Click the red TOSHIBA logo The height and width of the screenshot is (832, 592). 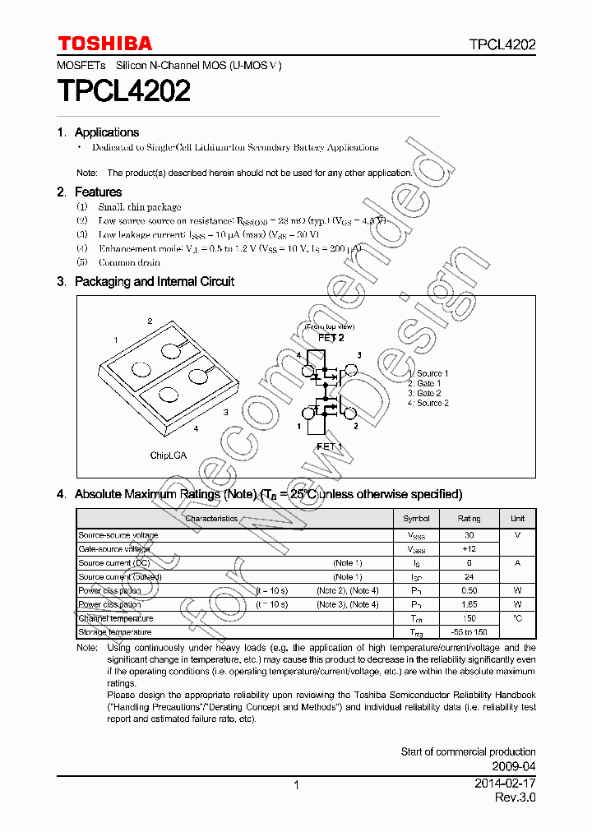[x=104, y=44]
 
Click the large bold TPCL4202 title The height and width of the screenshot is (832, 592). [x=123, y=90]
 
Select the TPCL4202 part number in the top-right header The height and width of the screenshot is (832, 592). [x=502, y=45]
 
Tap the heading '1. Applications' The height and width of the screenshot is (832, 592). [x=98, y=132]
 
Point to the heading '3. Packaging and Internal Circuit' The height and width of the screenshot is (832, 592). [x=146, y=281]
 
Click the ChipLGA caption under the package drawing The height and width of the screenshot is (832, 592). [x=167, y=455]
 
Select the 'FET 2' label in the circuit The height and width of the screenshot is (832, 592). [x=331, y=337]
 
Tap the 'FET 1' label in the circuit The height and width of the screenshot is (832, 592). [x=330, y=446]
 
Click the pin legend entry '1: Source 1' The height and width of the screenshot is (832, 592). [x=428, y=373]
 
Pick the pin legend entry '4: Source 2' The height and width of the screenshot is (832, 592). [x=428, y=403]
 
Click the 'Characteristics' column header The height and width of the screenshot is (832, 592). [x=211, y=519]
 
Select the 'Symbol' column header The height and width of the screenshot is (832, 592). [x=416, y=519]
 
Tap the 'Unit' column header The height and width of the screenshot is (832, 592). [x=517, y=519]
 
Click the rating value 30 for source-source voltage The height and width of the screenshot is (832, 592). [x=469, y=535]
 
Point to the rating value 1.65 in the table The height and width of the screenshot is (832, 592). [x=469, y=604]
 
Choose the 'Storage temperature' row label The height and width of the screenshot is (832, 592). [x=115, y=632]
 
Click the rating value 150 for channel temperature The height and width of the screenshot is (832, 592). [x=469, y=618]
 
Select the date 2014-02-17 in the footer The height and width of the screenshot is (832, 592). [x=504, y=784]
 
